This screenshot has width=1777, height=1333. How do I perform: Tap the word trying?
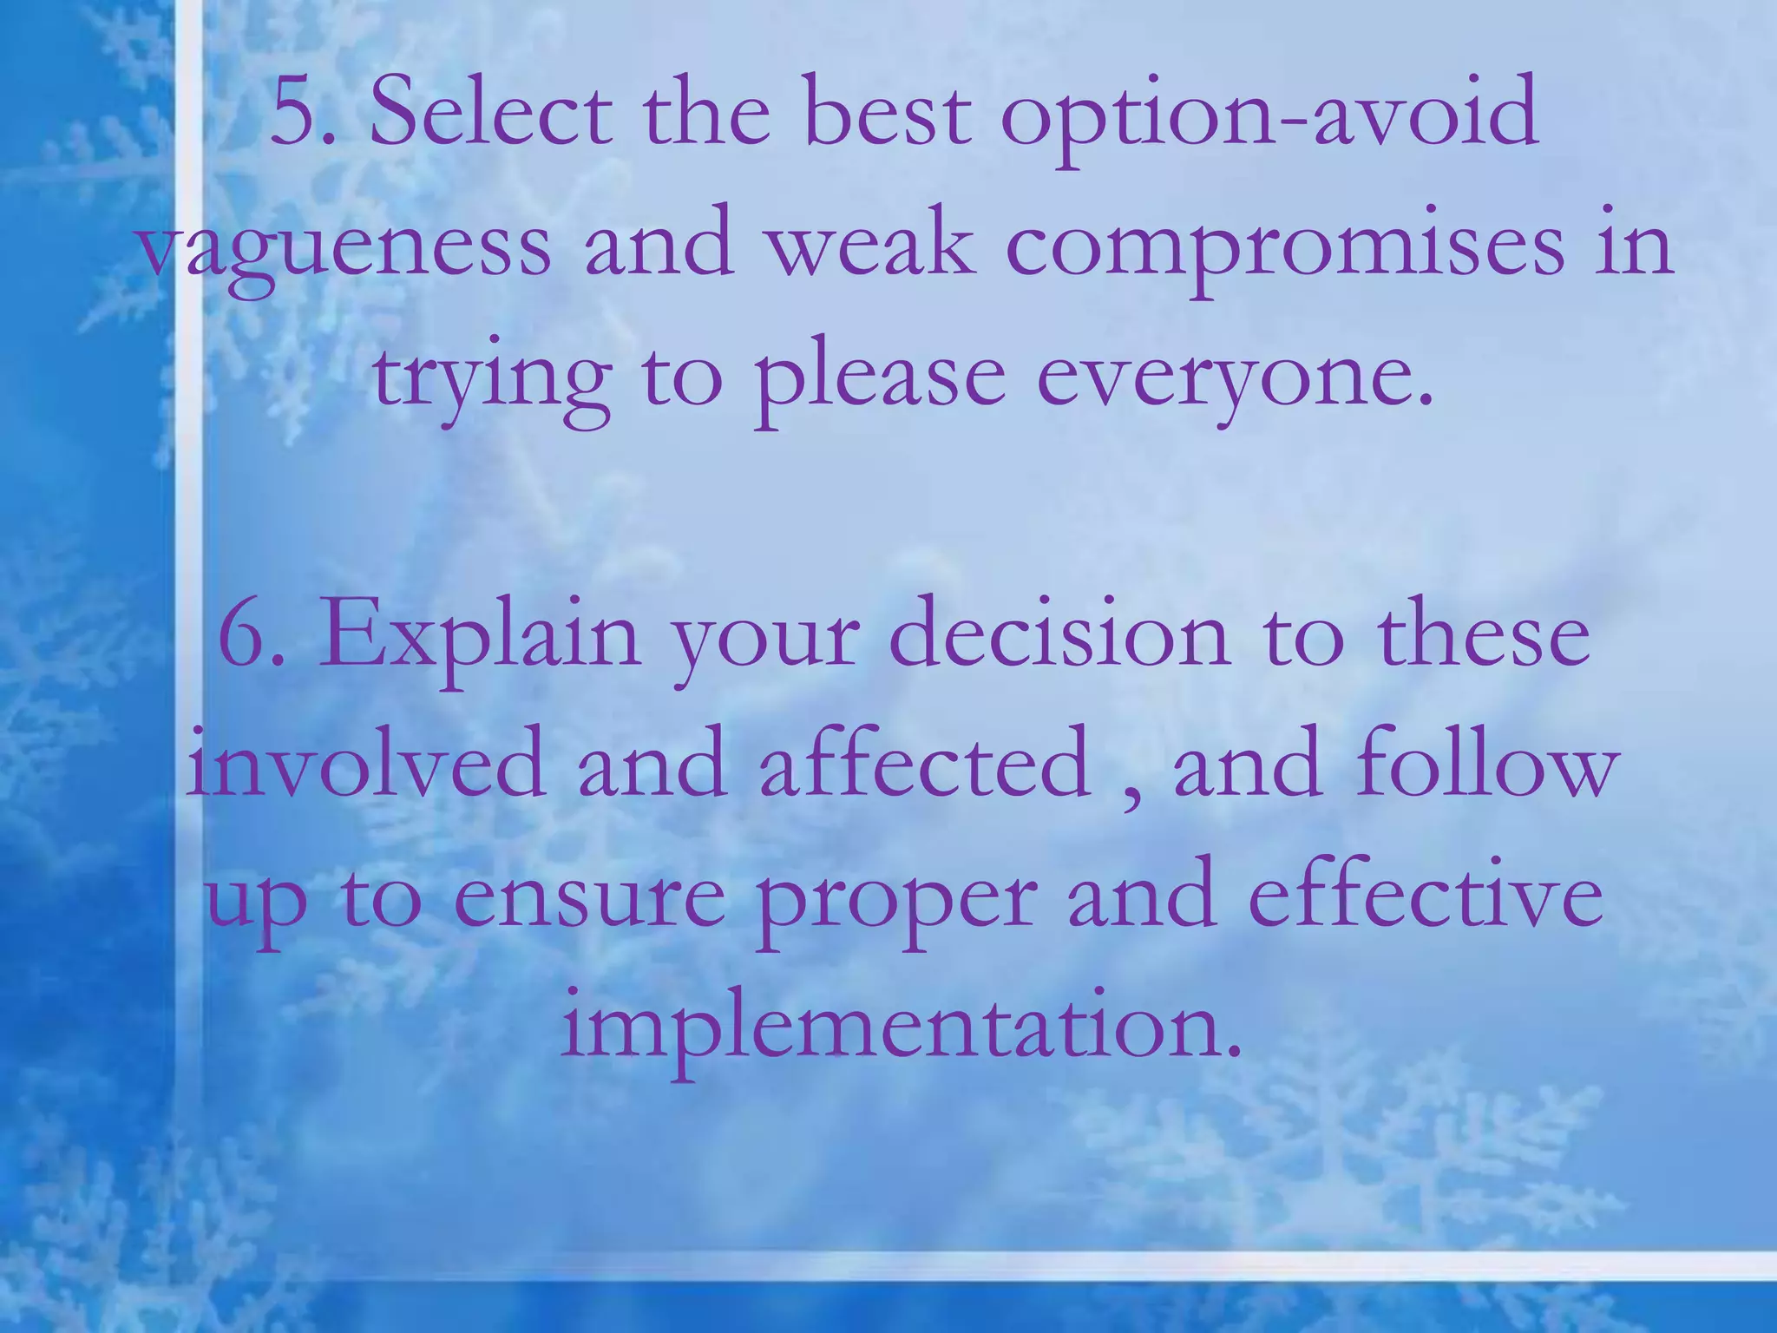pyautogui.click(x=491, y=382)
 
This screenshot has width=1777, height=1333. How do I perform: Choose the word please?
pyautogui.click(x=881, y=382)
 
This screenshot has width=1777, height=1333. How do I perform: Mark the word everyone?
pyautogui.click(x=1232, y=382)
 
